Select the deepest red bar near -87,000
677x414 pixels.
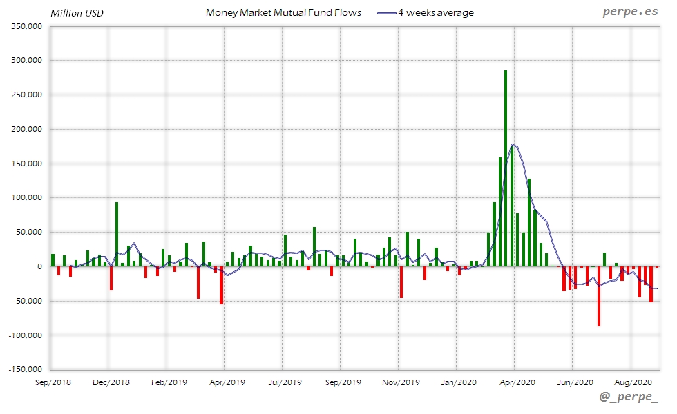[x=599, y=296]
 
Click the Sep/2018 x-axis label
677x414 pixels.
[x=53, y=382]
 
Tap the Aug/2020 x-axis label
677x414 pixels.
[x=633, y=382]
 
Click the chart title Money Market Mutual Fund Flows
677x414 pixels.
[x=283, y=12]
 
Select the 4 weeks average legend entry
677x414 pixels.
[x=435, y=12]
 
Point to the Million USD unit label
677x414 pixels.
[x=77, y=12]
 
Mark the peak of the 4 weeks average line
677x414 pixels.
[x=512, y=144]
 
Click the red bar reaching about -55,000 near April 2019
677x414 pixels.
[x=221, y=285]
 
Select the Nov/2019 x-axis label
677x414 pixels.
[x=401, y=382]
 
